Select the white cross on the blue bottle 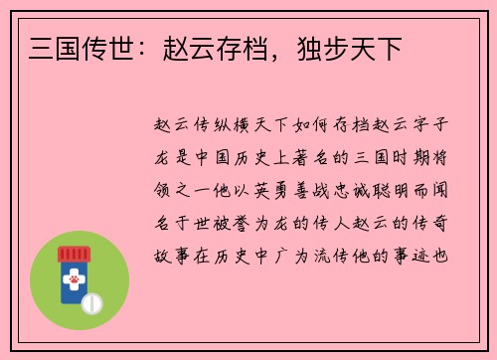(x=73, y=280)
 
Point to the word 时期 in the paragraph (x=409, y=158)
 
